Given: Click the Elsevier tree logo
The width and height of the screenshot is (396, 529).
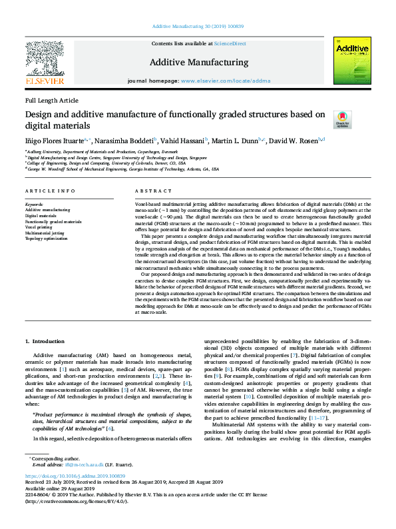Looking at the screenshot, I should click(45, 58).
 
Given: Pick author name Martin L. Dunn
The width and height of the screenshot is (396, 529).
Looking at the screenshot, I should click(237, 141).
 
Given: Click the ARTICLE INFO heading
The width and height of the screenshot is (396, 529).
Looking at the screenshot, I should click(51, 191).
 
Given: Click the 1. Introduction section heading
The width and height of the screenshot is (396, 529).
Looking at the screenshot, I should click(46, 342).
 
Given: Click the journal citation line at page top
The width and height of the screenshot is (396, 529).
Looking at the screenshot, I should click(198, 26).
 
